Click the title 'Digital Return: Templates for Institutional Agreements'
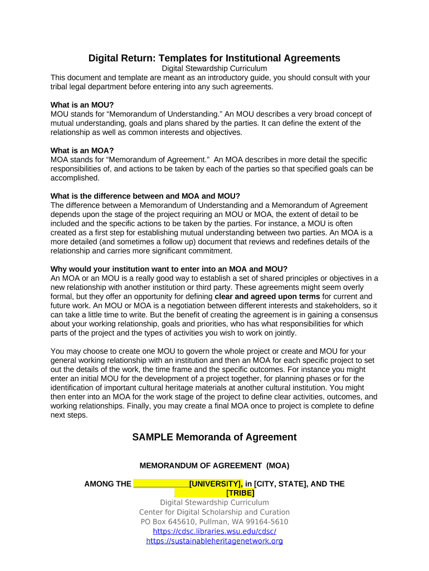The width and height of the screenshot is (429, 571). (214, 58)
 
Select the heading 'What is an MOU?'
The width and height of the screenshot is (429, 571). (82, 105)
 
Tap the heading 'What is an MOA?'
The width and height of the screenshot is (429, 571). (82, 151)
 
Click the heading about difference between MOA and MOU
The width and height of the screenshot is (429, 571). (145, 196)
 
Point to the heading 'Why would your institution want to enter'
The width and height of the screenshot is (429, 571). (169, 269)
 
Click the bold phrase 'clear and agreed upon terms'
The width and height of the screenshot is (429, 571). (267, 297)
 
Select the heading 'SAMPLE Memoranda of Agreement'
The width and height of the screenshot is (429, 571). (214, 437)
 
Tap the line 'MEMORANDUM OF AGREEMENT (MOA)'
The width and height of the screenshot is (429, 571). (214, 465)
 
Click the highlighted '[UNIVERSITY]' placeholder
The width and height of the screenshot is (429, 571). (216, 483)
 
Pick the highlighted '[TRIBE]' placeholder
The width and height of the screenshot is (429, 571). (240, 493)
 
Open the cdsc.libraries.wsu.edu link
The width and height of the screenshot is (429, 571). (214, 531)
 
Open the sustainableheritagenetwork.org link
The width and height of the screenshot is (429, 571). (214, 541)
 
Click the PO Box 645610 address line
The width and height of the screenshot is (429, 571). (214, 522)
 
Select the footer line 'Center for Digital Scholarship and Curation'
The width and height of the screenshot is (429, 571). (214, 512)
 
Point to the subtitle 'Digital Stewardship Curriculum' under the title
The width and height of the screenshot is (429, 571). (214, 69)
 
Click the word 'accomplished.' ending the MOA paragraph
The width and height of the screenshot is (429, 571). (75, 178)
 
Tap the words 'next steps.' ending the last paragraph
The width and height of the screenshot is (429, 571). (69, 415)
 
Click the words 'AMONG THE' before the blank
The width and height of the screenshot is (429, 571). (108, 483)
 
